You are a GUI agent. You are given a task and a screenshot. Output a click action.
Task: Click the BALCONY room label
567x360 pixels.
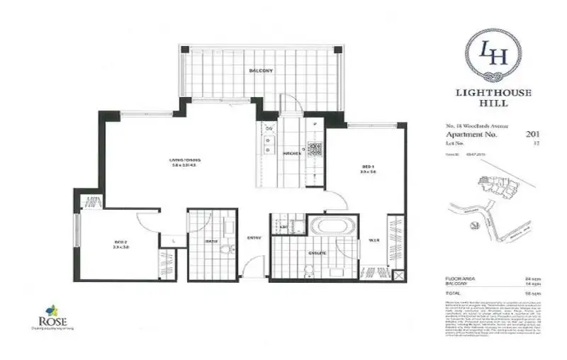tap(261, 72)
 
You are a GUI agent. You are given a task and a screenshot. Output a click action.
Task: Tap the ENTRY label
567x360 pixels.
tap(252, 237)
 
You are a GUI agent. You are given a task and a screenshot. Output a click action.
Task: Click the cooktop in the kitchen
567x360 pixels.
tap(314, 149)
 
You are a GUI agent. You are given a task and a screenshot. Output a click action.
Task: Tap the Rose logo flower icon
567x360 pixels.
tap(51, 310)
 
